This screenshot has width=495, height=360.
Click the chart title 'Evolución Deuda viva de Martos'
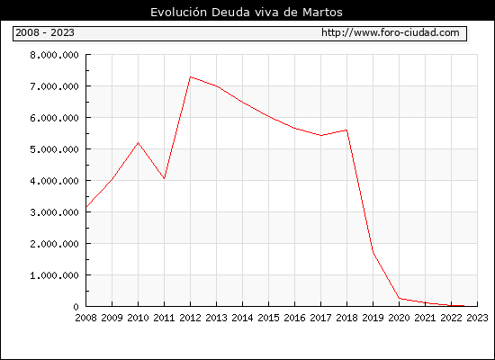[247, 13]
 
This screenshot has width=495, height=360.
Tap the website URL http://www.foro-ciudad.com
[391, 32]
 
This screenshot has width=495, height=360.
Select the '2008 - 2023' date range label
[45, 32]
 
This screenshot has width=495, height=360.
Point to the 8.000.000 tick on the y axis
[54, 55]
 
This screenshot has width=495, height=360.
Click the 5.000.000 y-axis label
[54, 149]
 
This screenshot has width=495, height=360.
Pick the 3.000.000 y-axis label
[54, 212]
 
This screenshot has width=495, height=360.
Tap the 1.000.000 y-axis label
[54, 275]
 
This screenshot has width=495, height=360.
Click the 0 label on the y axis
[76, 307]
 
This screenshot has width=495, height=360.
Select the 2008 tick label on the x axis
[85, 318]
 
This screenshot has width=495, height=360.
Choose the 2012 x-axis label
[191, 318]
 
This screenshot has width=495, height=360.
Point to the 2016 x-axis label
[294, 318]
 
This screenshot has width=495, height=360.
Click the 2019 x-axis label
[373, 318]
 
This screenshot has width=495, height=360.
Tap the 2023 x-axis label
[477, 318]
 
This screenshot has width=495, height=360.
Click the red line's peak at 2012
[191, 76]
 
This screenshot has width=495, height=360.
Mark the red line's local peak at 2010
[139, 143]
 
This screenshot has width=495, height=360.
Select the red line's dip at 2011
[164, 179]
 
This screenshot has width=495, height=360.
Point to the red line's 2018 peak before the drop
[346, 130]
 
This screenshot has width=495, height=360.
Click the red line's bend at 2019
[373, 252]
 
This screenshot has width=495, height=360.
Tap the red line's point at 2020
[399, 298]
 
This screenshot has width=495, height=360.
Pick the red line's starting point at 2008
[86, 207]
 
